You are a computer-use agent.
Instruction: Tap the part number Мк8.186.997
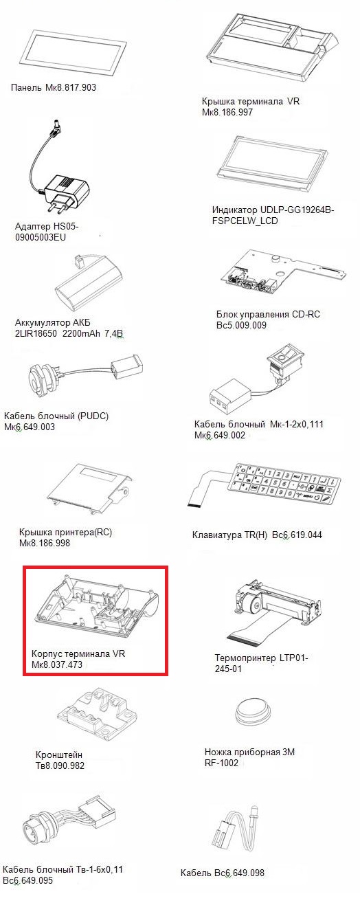[x=227, y=112]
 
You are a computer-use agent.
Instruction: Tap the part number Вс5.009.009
[x=241, y=325]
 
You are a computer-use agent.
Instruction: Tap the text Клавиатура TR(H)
[x=229, y=535]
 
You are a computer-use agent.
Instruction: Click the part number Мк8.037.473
[x=56, y=664]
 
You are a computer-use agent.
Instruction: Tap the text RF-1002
[x=221, y=763]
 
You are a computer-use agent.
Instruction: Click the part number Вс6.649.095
[x=28, y=880]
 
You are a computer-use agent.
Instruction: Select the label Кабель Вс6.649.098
[x=222, y=873]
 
